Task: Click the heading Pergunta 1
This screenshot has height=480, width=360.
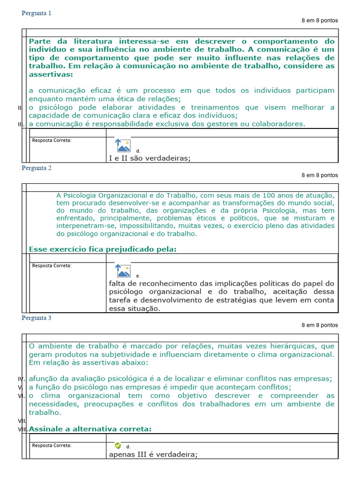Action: [37, 13]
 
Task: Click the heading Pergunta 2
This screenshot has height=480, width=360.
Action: [37, 168]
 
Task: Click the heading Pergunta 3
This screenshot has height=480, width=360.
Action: [37, 318]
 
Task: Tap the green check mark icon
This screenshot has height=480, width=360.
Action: [118, 445]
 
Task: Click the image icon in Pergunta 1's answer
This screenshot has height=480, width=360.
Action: [123, 146]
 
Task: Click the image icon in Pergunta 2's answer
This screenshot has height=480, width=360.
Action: [123, 270]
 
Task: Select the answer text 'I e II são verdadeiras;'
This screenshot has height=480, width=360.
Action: [150, 158]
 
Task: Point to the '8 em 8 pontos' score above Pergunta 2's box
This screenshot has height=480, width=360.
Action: [320, 175]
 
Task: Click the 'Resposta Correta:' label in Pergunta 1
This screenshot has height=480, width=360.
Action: [52, 140]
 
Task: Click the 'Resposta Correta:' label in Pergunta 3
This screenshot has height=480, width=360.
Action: [52, 445]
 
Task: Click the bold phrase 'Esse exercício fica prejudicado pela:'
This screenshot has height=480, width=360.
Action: [103, 249]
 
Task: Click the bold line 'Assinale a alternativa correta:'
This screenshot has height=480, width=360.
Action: [90, 429]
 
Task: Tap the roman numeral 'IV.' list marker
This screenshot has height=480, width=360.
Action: [21, 379]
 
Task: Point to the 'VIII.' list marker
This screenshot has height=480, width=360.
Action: [22, 429]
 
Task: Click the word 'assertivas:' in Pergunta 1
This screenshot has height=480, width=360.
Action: [51, 74]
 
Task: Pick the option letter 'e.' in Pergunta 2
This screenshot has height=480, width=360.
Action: [138, 276]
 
